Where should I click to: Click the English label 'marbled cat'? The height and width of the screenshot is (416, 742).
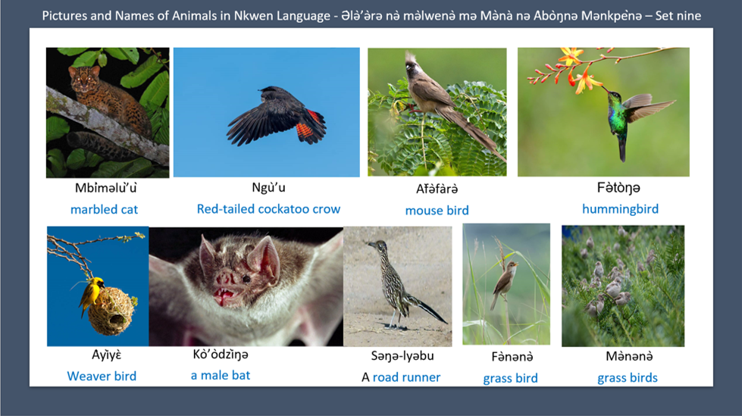(x=104, y=209)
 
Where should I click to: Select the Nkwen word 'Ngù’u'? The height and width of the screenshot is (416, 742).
(x=268, y=188)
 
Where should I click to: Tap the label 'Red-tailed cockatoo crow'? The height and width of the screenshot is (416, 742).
(x=268, y=208)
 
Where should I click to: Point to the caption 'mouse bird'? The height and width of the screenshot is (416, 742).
(x=437, y=210)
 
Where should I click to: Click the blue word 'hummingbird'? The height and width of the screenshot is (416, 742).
(x=620, y=208)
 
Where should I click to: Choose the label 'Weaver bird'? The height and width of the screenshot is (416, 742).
(x=102, y=376)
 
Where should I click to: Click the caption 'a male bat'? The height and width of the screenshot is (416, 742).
(x=221, y=374)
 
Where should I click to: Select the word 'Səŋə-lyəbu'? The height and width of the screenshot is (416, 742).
(x=402, y=355)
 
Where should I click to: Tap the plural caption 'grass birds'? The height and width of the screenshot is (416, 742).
(x=628, y=377)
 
